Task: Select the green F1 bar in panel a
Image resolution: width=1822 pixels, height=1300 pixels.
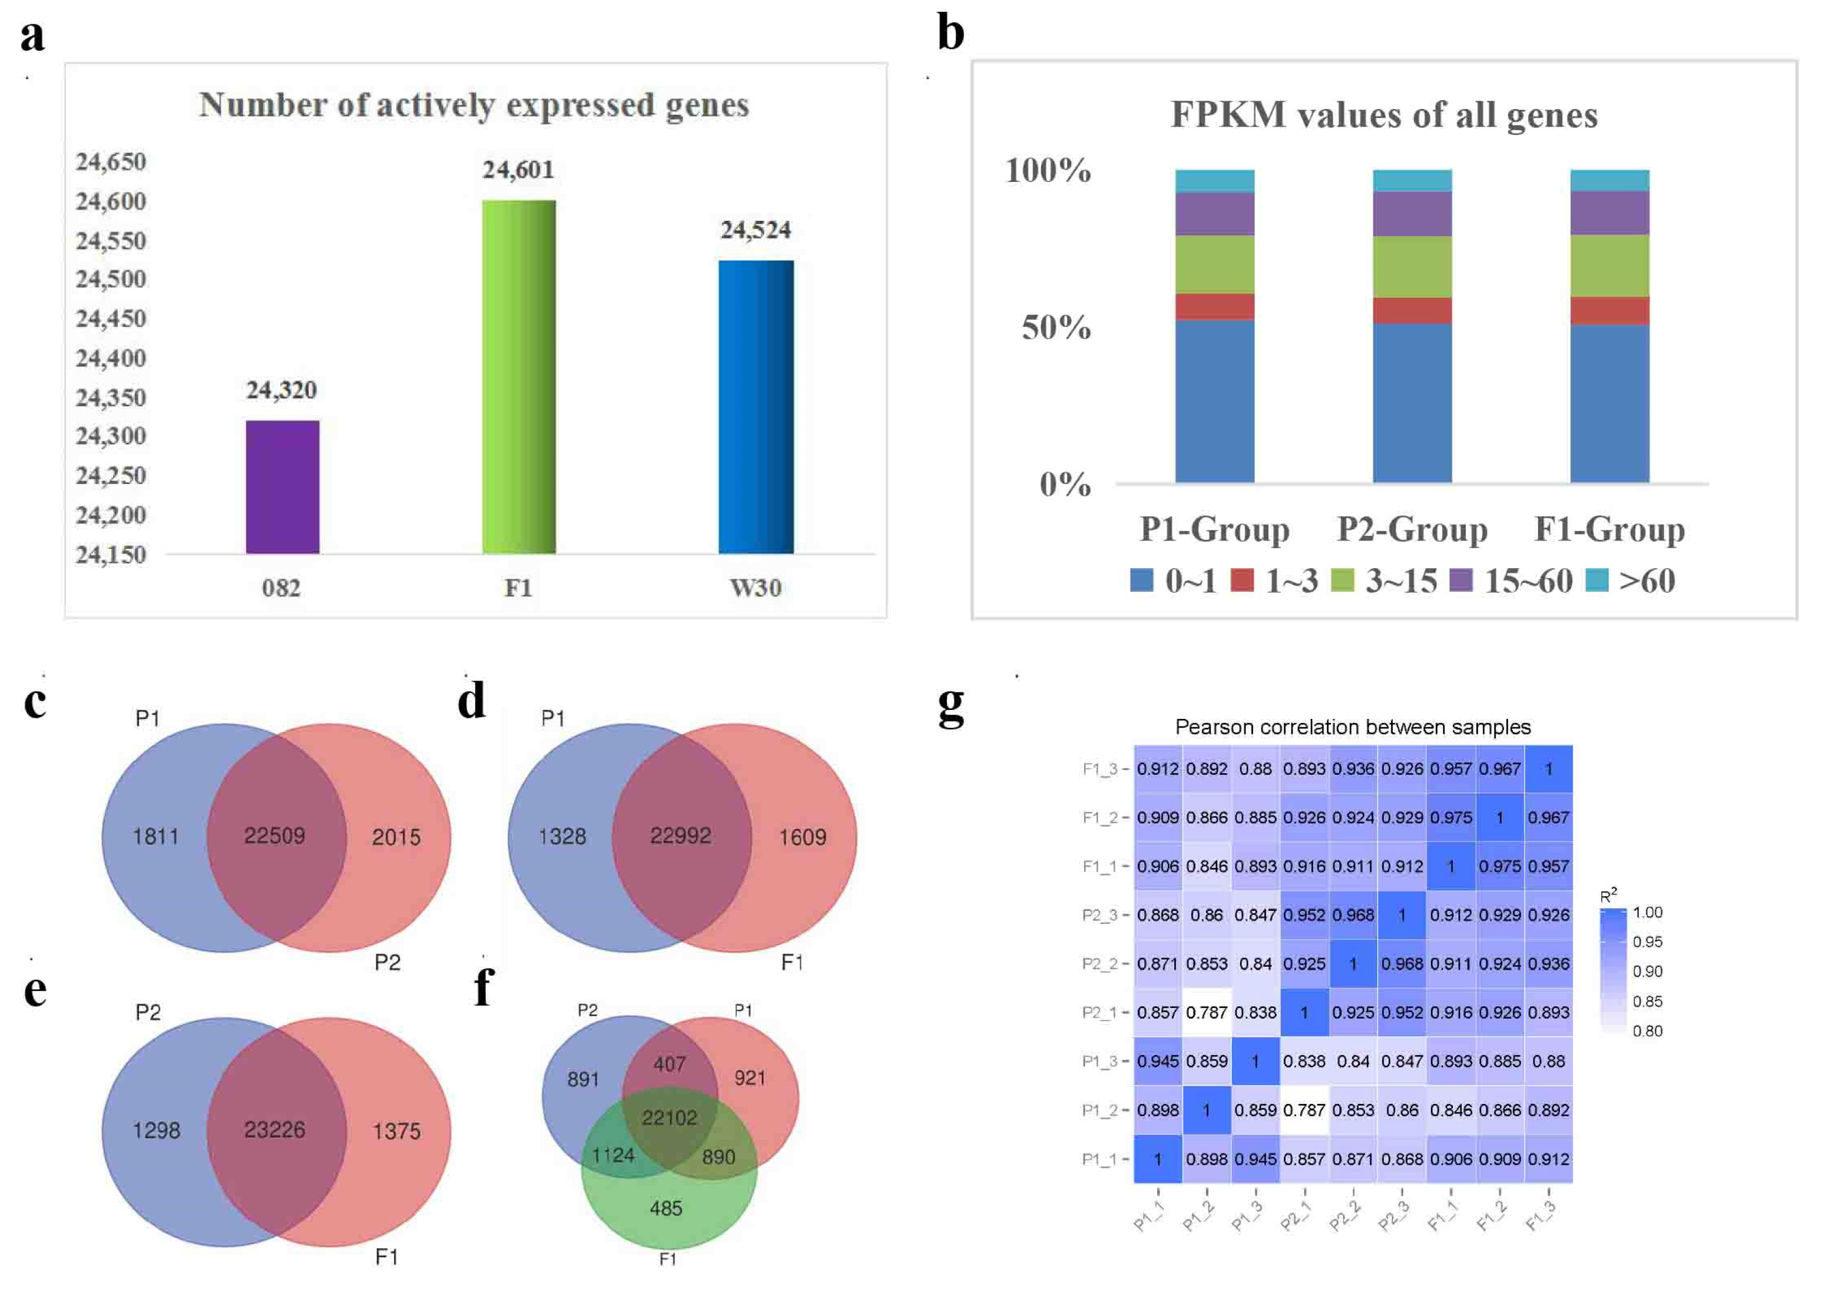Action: point(518,376)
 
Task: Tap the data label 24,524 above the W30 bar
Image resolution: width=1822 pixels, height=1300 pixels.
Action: point(755,231)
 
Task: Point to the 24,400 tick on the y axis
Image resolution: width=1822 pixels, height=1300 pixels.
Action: point(111,358)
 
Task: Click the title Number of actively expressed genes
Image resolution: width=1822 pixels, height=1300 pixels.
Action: point(474,105)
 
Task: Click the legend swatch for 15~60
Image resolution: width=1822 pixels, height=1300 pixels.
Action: point(1461,581)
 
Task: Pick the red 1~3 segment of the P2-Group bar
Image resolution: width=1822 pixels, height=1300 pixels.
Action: point(1412,311)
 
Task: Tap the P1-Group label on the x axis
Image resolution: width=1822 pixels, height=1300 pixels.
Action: point(1214,529)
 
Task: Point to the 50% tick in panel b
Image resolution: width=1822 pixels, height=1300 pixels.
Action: point(1055,327)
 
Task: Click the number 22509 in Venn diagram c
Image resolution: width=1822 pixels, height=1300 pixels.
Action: point(274,835)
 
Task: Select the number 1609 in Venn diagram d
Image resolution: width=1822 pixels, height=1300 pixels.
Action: point(802,837)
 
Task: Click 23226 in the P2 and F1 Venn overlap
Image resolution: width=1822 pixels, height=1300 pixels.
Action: point(274,1129)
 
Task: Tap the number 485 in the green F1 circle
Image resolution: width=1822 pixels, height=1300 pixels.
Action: point(666,1208)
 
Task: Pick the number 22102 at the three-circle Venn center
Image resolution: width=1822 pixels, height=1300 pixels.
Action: point(669,1117)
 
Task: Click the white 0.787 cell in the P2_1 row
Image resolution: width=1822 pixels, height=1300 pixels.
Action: point(1207,1013)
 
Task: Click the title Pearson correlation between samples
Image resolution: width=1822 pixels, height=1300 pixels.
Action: point(1352,727)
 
